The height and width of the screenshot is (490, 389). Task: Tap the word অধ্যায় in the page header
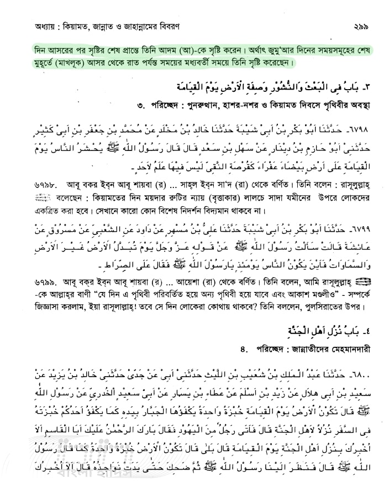pos(30,26)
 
